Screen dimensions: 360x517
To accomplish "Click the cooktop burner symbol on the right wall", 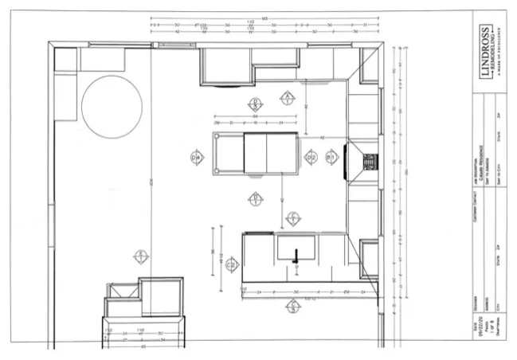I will (x=369, y=162).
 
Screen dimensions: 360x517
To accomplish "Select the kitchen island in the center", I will (x=255, y=153).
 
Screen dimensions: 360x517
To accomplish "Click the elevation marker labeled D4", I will (x=196, y=157).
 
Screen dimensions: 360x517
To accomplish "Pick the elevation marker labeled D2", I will (x=311, y=158).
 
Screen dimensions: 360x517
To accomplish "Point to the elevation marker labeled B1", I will (x=255, y=103).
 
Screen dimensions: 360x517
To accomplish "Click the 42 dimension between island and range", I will (x=322, y=138).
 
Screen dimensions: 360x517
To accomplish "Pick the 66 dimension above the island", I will (x=254, y=117).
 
